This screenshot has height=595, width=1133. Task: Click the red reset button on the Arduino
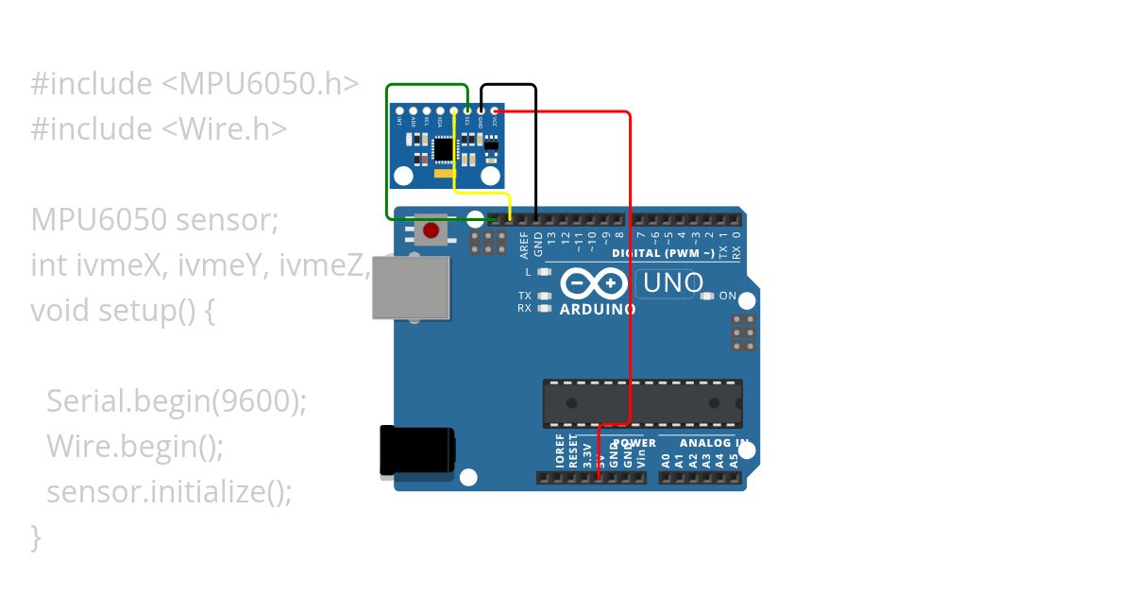pyautogui.click(x=431, y=230)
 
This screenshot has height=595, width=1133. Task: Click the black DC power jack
pyautogui.click(x=416, y=451)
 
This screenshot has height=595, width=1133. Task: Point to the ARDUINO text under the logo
pyautogui.click(x=598, y=309)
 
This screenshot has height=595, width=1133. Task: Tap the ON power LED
pyautogui.click(x=707, y=296)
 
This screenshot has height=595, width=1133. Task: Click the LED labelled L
pyautogui.click(x=543, y=272)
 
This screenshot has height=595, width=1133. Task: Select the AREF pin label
pyautogui.click(x=525, y=246)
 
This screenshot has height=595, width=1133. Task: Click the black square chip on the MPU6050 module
pyautogui.click(x=443, y=149)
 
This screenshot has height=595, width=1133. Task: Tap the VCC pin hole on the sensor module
pyautogui.click(x=495, y=111)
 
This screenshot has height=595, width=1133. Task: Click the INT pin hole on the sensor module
pyautogui.click(x=400, y=111)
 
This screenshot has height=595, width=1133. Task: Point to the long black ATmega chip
pyautogui.click(x=642, y=402)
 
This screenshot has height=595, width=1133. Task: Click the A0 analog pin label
pyautogui.click(x=666, y=460)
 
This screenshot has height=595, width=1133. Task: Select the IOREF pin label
pyautogui.click(x=560, y=457)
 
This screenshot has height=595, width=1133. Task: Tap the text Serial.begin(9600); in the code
pyautogui.click(x=177, y=401)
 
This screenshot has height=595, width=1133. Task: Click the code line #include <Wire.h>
pyautogui.click(x=159, y=128)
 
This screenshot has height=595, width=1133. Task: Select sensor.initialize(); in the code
pyautogui.click(x=169, y=492)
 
